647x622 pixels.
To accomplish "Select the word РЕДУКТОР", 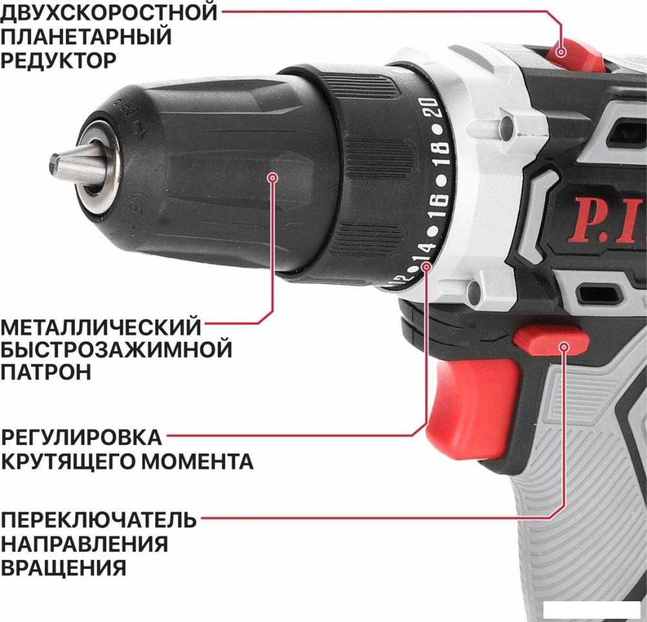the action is (x=59, y=60).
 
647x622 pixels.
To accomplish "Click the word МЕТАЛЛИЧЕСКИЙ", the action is (x=101, y=327).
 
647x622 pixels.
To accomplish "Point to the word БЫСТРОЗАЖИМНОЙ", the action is (x=116, y=350).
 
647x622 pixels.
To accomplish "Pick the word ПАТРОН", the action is (x=45, y=372).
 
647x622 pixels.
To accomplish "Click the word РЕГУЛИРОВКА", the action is (x=81, y=437).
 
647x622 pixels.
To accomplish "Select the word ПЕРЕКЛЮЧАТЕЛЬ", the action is (x=98, y=520).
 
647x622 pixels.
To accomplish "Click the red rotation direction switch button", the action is (x=551, y=341).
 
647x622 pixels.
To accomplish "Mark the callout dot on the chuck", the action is (x=272, y=178).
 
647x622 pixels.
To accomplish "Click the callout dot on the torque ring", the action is (x=426, y=267).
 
